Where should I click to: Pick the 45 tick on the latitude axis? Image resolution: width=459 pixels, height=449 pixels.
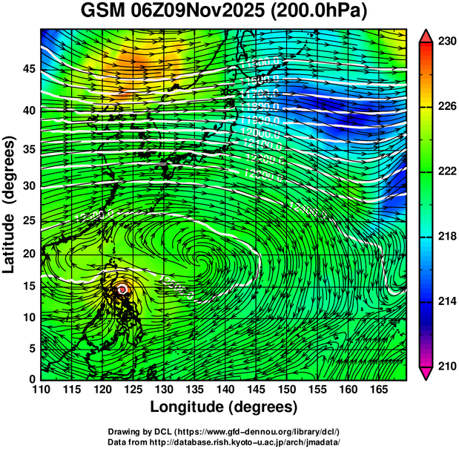[27, 69]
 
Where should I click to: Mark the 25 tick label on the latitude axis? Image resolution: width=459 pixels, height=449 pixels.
[27, 221]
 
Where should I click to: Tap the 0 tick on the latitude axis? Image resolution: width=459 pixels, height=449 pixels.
[31, 378]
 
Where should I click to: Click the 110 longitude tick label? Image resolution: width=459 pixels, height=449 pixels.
[41, 390]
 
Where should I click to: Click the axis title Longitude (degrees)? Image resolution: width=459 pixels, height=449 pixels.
[223, 407]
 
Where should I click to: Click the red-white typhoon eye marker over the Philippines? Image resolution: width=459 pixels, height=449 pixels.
[122, 289]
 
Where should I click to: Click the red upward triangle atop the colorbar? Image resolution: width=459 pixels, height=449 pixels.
[426, 36]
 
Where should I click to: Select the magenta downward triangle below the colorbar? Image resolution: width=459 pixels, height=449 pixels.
[426, 373]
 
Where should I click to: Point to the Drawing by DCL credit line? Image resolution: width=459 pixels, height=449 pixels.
[223, 431]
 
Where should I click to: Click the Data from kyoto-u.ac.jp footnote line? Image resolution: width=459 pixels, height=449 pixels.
[223, 442]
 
